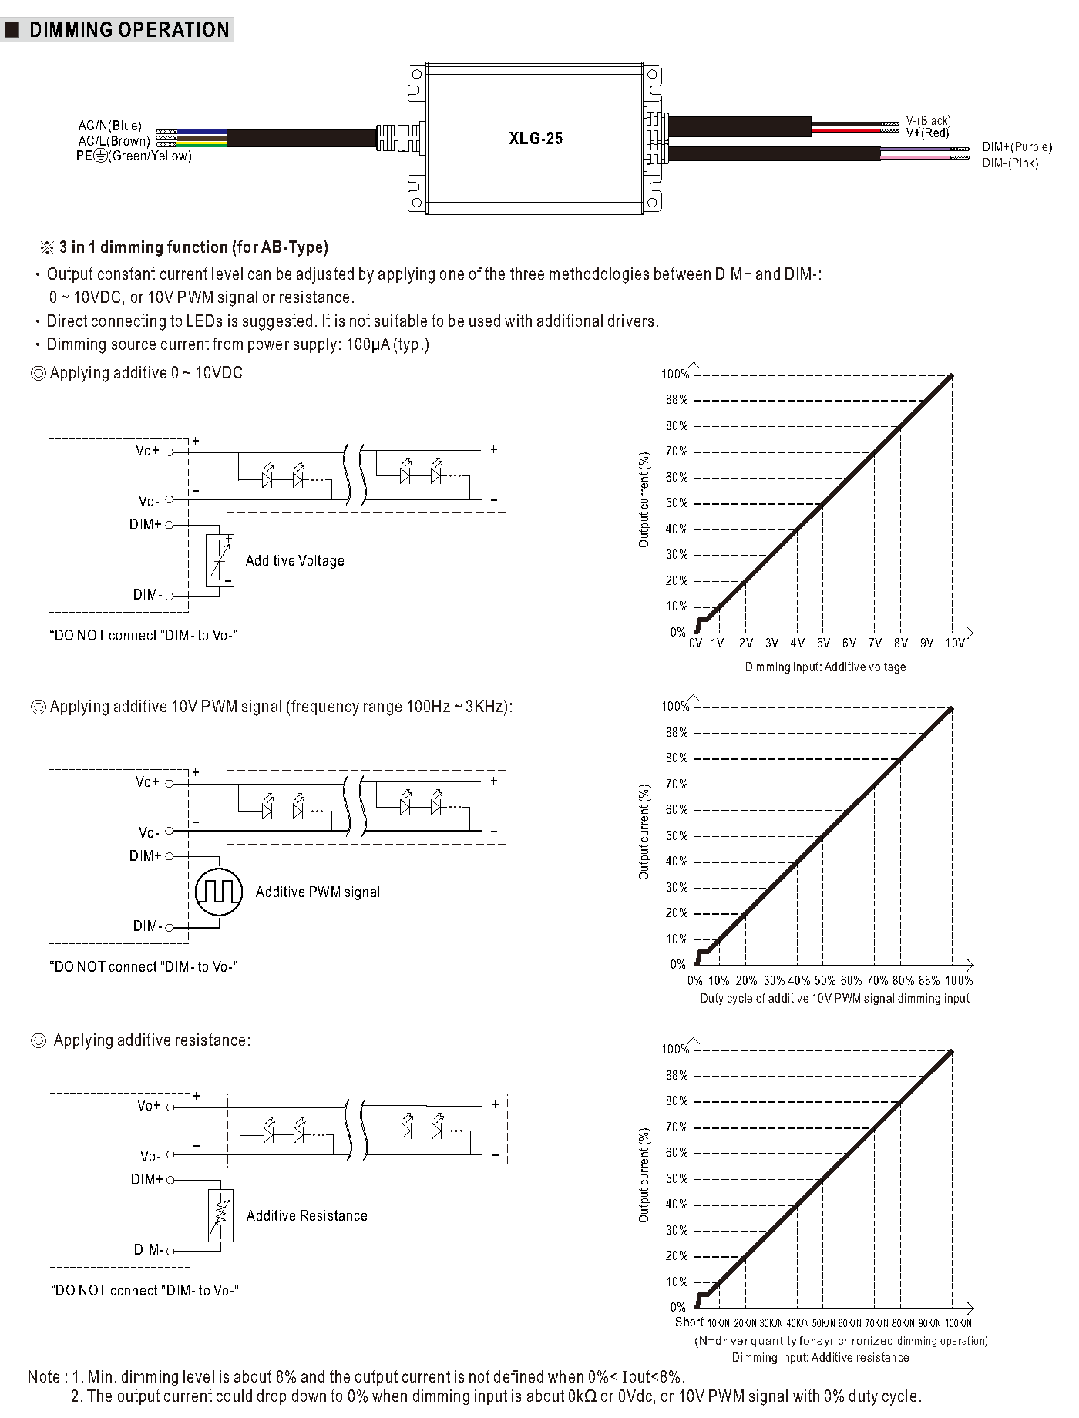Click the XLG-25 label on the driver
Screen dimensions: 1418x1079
536,139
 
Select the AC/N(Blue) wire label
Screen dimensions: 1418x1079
110,126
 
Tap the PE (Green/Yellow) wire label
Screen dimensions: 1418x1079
133,156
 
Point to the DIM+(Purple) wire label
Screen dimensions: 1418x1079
1017,147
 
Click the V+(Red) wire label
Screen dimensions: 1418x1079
927,133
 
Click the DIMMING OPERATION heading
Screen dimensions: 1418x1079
129,30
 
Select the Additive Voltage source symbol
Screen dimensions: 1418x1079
220,560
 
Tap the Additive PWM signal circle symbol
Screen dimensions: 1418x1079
219,892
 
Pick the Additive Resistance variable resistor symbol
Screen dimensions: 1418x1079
220,1215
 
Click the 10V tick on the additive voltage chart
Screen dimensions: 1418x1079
954,643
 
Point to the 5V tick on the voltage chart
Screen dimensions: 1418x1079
823,643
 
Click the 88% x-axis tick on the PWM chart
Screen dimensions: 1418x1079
929,981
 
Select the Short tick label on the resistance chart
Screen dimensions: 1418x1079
689,1322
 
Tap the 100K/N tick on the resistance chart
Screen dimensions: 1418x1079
958,1323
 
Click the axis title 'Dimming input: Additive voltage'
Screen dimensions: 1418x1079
825,667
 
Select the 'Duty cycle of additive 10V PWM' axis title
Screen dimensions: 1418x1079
834,999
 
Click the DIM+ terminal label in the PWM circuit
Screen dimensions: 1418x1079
145,856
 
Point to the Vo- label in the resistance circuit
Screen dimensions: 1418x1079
150,1156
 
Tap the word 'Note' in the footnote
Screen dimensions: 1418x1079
44,1377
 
